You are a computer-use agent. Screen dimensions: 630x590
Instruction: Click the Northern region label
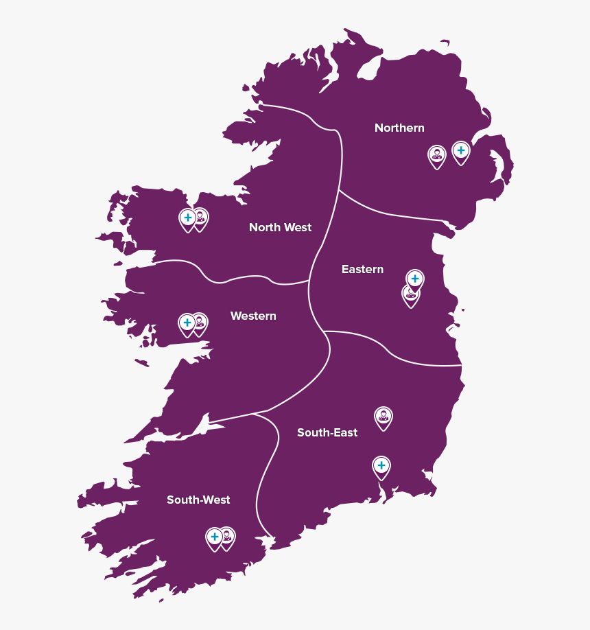399,128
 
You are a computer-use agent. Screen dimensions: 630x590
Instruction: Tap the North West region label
280,228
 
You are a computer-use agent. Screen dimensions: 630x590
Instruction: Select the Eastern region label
362,270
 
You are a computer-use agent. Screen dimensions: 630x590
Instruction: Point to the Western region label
253,316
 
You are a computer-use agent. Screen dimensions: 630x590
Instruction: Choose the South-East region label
327,433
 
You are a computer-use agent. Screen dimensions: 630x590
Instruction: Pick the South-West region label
198,500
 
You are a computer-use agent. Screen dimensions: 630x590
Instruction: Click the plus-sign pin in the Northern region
461,151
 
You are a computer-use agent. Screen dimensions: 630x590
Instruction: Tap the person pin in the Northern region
437,156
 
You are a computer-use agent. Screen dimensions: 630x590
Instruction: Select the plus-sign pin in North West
187,218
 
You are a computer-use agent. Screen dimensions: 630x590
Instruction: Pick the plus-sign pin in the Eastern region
414,279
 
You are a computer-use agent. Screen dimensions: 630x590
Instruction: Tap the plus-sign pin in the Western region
187,323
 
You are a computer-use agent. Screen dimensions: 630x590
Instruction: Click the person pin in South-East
383,416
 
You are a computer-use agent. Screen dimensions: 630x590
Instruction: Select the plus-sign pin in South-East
381,466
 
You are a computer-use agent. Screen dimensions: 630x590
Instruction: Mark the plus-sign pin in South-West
214,537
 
